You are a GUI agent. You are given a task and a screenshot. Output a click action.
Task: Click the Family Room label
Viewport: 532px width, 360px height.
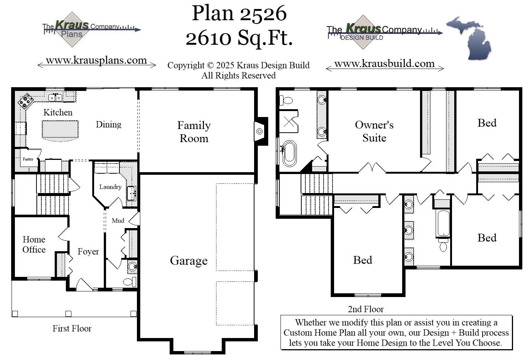194,132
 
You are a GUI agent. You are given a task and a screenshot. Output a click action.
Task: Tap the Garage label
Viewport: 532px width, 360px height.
189,260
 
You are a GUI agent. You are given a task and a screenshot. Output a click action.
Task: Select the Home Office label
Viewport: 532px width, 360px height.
34,244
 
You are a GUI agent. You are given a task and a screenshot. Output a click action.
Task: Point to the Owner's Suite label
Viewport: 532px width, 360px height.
374,131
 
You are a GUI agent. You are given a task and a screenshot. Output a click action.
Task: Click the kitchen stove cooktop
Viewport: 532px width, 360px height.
26,101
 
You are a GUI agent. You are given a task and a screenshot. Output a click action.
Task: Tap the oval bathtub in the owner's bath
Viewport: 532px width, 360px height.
289,153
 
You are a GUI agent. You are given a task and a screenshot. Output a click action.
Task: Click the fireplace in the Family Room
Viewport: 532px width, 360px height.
259,131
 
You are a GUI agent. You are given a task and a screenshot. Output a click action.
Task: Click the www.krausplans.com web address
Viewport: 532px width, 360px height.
96,60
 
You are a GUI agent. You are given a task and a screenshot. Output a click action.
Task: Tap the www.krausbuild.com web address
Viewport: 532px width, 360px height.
384,64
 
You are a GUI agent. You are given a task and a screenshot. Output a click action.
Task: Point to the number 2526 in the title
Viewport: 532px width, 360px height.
263,14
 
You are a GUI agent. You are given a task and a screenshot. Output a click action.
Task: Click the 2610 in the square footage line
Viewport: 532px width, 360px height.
208,38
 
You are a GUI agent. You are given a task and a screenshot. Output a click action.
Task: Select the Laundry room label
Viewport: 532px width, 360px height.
110,187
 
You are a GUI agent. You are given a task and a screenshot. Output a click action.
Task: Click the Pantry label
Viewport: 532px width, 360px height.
28,159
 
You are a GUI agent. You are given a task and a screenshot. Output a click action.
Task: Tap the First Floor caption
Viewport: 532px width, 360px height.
72,328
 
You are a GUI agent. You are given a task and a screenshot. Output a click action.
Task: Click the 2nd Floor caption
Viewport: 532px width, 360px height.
366,309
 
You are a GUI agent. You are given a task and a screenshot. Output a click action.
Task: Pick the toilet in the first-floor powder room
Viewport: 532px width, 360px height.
129,282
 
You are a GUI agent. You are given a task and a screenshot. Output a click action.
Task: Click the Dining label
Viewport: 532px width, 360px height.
108,124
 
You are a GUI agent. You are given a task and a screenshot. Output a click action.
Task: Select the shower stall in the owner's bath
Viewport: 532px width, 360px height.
289,121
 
